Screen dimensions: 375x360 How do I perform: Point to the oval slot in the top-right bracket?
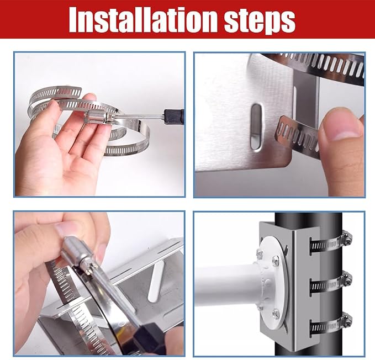pos(256,128)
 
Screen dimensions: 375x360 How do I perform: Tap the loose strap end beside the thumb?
pos(297,136)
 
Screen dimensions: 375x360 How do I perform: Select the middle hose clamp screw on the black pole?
pos(346,278)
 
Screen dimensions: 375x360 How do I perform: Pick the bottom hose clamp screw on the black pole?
pos(346,320)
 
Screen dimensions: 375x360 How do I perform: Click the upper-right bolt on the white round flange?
pos(276,260)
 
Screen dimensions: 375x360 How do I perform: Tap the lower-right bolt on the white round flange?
pos(276,314)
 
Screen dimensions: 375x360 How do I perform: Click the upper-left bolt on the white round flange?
pos(260,253)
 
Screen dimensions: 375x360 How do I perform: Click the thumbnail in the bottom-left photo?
pos(65,229)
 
